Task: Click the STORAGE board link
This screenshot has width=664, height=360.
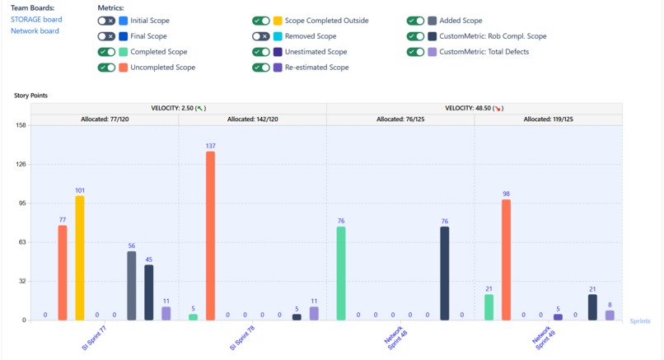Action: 35,20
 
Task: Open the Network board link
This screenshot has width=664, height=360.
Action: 35,31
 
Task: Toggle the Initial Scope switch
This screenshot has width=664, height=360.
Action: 105,21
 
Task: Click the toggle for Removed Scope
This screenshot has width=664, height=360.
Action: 261,36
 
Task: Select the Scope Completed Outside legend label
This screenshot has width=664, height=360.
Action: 326,21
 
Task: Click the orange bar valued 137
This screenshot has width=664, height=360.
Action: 210,236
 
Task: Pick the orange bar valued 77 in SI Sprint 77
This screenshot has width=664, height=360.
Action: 63,273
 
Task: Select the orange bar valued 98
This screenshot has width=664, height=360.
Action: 506,259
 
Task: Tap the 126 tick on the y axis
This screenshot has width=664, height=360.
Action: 22,164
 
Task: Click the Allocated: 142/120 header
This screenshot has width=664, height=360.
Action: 252,119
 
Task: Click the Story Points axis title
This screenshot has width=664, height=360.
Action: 30,96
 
